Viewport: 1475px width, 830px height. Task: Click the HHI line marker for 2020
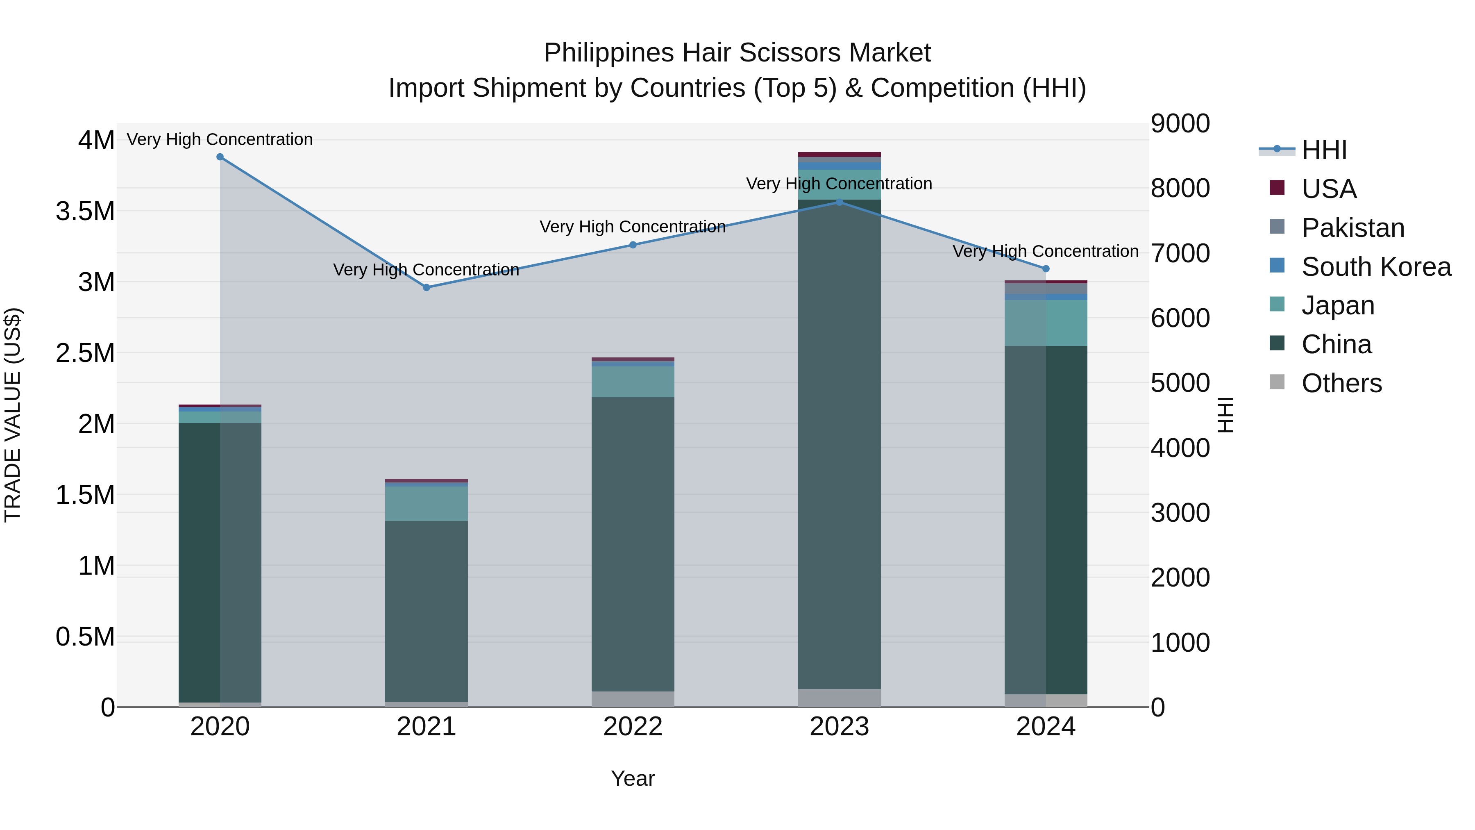click(220, 157)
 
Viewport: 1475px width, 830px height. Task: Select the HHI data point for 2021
click(427, 288)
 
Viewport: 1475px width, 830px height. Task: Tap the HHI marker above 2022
click(633, 245)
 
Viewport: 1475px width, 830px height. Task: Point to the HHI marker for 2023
click(840, 202)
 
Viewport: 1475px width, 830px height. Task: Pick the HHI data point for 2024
click(1046, 268)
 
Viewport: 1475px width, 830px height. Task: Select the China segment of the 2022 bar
click(633, 544)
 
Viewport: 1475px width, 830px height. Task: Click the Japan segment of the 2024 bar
click(1046, 323)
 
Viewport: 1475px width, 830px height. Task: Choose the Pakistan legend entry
click(1352, 228)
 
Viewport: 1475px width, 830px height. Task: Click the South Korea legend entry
click(1375, 267)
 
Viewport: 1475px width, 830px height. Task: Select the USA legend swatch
click(1277, 188)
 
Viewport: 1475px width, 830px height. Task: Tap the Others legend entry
click(1341, 383)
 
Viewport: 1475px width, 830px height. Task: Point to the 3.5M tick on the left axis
click(85, 211)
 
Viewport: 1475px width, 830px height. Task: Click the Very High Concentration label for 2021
click(427, 270)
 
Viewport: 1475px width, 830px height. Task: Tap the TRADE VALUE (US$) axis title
click(13, 415)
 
